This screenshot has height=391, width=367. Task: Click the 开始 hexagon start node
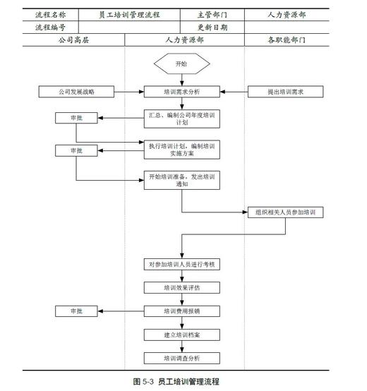[182, 64]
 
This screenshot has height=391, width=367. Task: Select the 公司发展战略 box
[76, 92]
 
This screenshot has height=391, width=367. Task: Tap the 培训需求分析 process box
[182, 92]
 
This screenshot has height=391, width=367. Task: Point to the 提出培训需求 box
[285, 92]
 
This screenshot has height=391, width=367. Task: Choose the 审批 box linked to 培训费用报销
[76, 311]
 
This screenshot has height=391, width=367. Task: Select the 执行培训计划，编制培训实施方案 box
[182, 150]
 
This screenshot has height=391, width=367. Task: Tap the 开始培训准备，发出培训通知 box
[182, 180]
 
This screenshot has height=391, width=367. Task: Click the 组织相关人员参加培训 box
[285, 212]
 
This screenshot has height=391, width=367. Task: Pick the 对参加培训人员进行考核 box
[182, 265]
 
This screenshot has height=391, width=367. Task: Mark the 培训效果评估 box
[182, 288]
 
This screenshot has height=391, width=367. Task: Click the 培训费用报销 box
[182, 311]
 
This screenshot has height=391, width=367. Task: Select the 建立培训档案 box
[182, 334]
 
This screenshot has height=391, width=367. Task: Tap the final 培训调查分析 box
[182, 358]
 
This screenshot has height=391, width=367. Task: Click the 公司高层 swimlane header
[73, 40]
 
